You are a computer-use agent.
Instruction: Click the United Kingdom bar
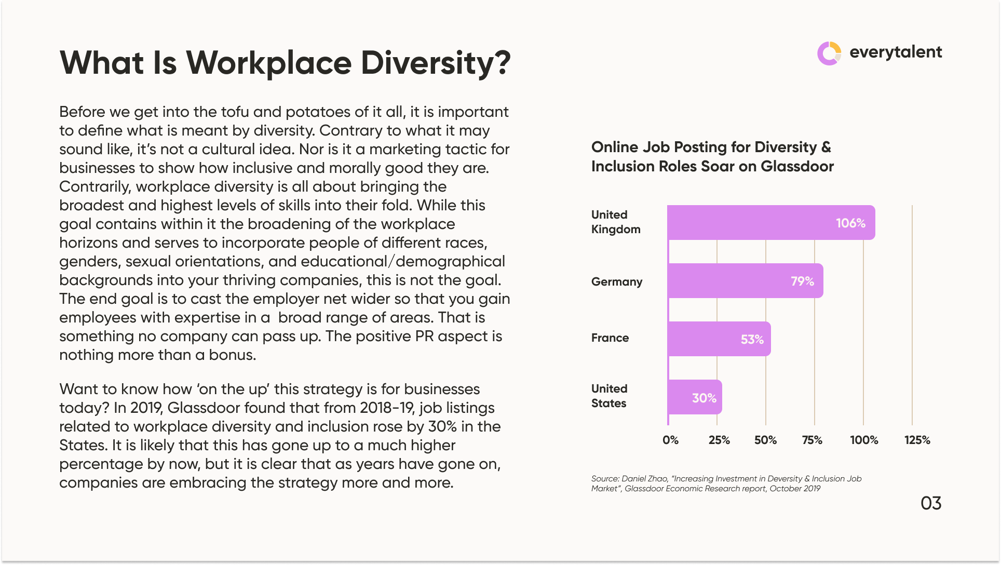pos(748,222)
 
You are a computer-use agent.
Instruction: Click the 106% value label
pos(850,223)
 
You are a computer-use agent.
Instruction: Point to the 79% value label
pos(802,281)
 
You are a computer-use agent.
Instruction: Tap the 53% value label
pos(752,340)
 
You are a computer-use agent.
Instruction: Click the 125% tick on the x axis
pos(917,440)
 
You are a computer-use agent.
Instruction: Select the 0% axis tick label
pos(670,440)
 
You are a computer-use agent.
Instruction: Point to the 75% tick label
pos(812,440)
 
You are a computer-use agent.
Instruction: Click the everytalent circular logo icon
pos(829,53)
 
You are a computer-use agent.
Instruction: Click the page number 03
pos(931,503)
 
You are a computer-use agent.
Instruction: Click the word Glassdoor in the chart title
pos(797,166)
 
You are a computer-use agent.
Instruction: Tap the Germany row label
pos(617,281)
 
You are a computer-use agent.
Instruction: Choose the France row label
pos(610,338)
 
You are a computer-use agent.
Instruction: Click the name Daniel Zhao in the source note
pos(644,479)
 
